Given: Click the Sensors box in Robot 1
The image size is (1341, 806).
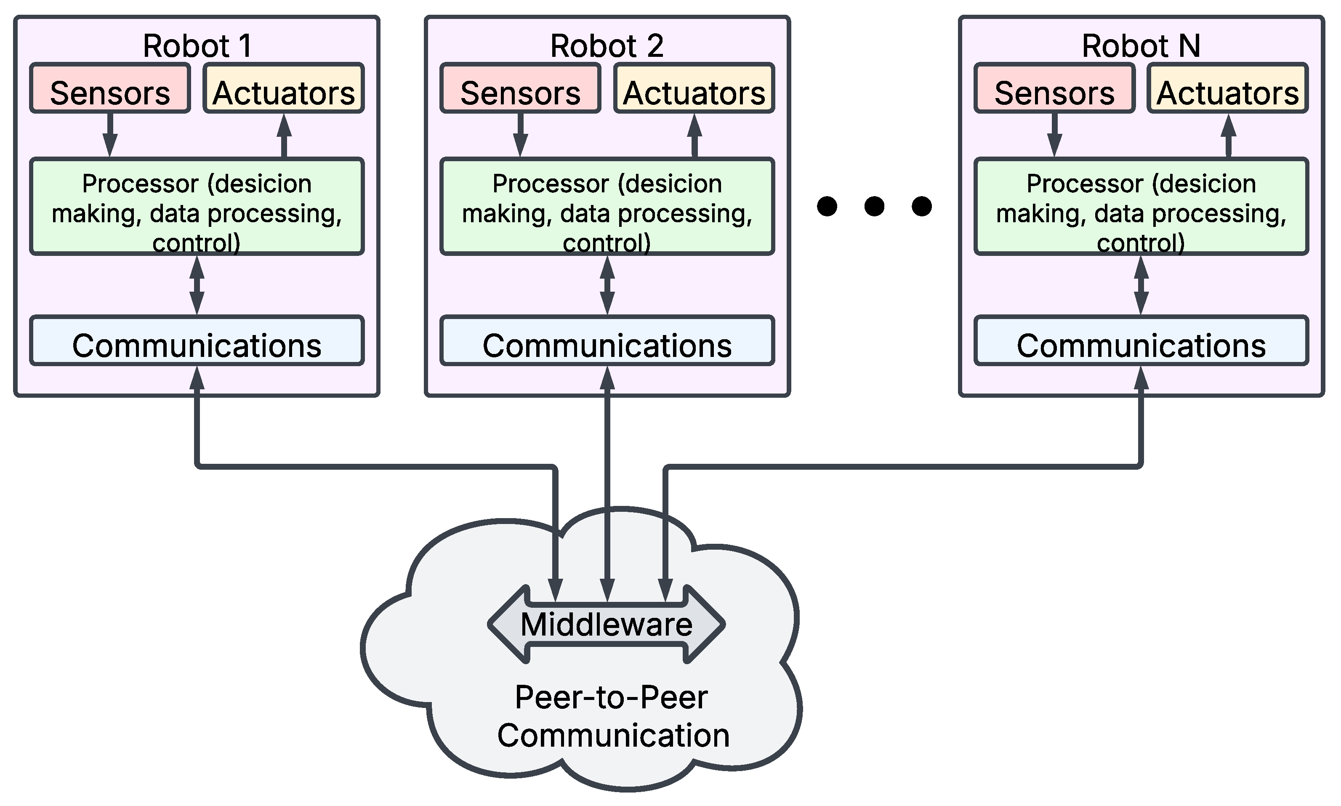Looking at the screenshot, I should coord(110,88).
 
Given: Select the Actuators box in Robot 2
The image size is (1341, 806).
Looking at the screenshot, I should coord(694,88).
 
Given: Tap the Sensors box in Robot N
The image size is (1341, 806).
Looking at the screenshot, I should coord(1054,88).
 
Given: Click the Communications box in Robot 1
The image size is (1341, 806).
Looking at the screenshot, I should coord(197,341).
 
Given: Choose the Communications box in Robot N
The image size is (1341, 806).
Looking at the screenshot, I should coord(1141,341).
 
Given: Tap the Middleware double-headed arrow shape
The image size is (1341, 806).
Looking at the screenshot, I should coord(606,625).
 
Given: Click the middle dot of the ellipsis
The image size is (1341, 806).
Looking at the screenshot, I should coord(874,206).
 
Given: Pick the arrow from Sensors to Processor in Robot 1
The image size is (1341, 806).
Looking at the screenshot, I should coord(110,135).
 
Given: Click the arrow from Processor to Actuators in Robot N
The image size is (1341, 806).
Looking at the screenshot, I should coord(1229,136).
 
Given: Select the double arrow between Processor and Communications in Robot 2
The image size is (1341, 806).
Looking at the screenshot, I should coord(607,285).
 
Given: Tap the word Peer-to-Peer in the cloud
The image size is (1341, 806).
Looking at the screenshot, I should coord(611,697).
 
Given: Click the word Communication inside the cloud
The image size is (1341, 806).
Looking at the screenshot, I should coord(613,735).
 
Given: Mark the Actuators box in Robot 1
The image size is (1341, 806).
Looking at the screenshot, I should coord(284,88).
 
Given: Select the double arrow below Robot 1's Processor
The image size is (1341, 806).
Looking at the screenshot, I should coord(197,285).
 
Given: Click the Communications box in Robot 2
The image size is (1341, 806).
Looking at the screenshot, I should coord(607,341).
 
